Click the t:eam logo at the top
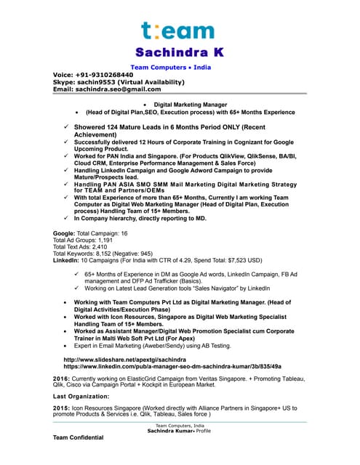(178, 31)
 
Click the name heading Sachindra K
(178, 53)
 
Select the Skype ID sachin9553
(105, 82)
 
